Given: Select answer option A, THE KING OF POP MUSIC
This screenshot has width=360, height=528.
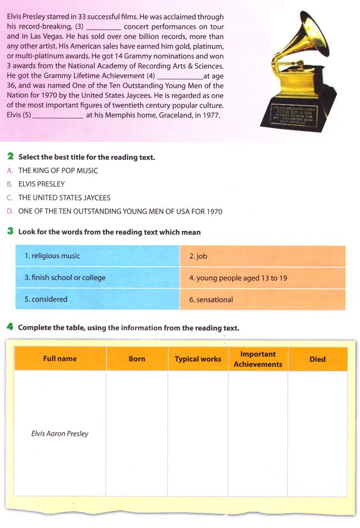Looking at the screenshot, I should tap(58, 170).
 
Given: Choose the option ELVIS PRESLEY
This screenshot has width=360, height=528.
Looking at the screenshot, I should tap(42, 184).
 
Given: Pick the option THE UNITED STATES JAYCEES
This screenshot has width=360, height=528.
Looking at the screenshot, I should tap(64, 198).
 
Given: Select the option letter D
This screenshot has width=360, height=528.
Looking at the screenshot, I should tap(10, 211).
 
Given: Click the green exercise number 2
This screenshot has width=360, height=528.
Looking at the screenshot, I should tap(10, 156).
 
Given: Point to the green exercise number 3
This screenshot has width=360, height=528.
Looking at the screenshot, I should tap(10, 232).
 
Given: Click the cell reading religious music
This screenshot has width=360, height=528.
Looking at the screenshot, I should tap(52, 256).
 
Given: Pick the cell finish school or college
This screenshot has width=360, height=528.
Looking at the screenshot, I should tap(65, 277).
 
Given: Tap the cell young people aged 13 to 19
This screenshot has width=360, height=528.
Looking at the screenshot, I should tap(238, 278).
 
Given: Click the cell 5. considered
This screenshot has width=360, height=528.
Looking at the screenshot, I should tap(46, 299).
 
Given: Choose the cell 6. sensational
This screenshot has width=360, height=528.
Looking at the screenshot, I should tap(211, 300).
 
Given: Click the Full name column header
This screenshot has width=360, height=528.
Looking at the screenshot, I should tap(60, 359).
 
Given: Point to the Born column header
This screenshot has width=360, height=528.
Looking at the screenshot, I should tap(137, 359).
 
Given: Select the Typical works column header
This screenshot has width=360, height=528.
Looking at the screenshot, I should tap(198, 359).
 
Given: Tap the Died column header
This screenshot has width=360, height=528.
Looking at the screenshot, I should tap(317, 359).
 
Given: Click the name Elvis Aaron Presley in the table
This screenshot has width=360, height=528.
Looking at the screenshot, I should tap(60, 433).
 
